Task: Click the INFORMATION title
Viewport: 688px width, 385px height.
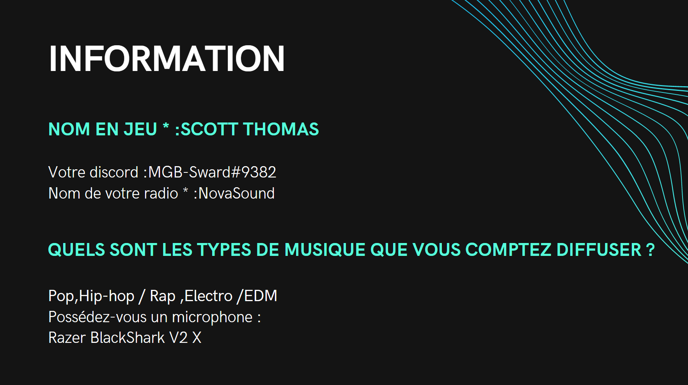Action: pos(167,59)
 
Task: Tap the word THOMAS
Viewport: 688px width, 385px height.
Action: pos(281,129)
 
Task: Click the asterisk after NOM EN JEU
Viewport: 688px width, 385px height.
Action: pos(166,126)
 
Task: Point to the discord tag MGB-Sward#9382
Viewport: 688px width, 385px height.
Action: pos(212,172)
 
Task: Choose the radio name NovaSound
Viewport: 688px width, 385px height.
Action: pos(237,193)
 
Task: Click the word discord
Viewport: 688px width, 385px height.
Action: pos(114,172)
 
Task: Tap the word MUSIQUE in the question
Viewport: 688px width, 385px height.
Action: pos(325,250)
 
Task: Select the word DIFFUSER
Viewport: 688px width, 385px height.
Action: pos(599,250)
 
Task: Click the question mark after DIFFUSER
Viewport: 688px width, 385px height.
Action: pos(650,250)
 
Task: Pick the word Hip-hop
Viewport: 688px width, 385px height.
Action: pos(106,296)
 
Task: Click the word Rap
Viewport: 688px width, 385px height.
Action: pos(163,296)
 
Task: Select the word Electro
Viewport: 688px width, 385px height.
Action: pos(209,296)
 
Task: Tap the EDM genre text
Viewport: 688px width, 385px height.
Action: pos(261,296)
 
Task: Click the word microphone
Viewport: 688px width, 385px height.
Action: pos(212,317)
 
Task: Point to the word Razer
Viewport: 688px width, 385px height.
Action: pos(67,338)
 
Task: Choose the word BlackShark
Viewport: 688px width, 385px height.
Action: pos(128,338)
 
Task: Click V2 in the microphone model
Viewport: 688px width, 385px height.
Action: pos(179,338)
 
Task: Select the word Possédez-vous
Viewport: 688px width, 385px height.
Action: pos(108,317)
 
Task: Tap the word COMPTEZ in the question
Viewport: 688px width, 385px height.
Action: pos(509,250)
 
